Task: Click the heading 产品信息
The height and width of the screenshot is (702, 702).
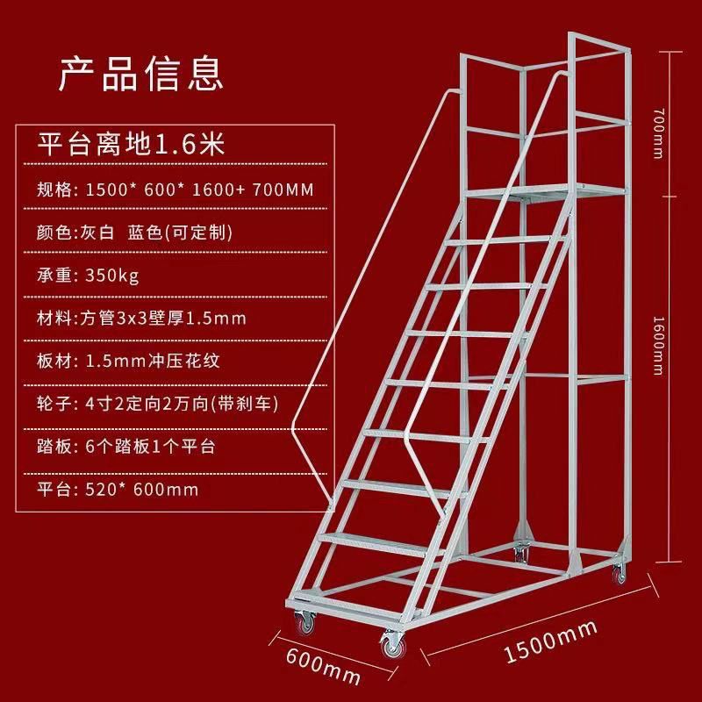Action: tap(140, 74)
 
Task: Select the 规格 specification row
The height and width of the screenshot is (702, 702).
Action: tap(175, 190)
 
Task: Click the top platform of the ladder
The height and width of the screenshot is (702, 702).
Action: tap(544, 191)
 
